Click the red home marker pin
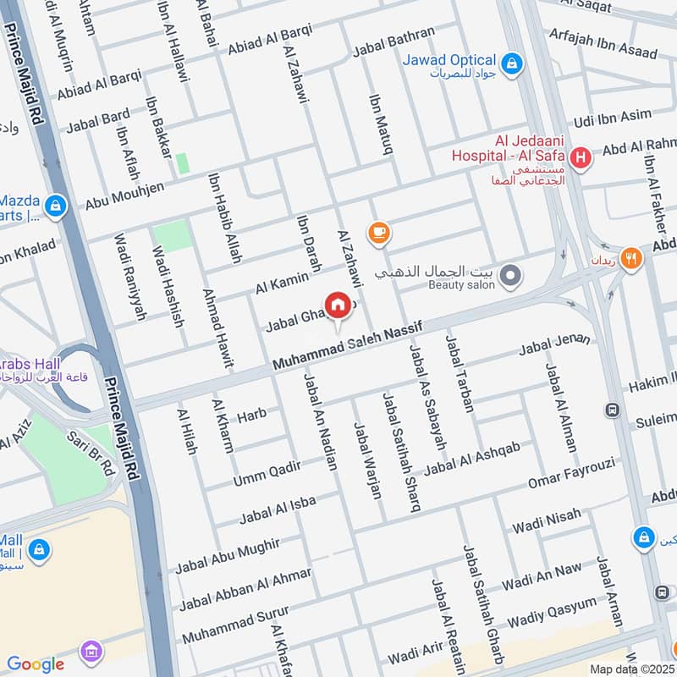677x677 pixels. tap(338, 305)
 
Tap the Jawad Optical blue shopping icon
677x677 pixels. tap(511, 63)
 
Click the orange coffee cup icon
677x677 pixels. tap(377, 231)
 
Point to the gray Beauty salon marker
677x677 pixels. tap(509, 276)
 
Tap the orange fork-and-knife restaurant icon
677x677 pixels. tap(630, 258)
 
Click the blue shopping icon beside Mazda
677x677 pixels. tap(55, 206)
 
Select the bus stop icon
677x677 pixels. tap(611, 410)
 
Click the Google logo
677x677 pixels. tap(36, 664)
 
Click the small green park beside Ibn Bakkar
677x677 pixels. tap(182, 163)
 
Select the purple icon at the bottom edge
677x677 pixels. tap(91, 652)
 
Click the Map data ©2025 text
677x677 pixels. tap(631, 669)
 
